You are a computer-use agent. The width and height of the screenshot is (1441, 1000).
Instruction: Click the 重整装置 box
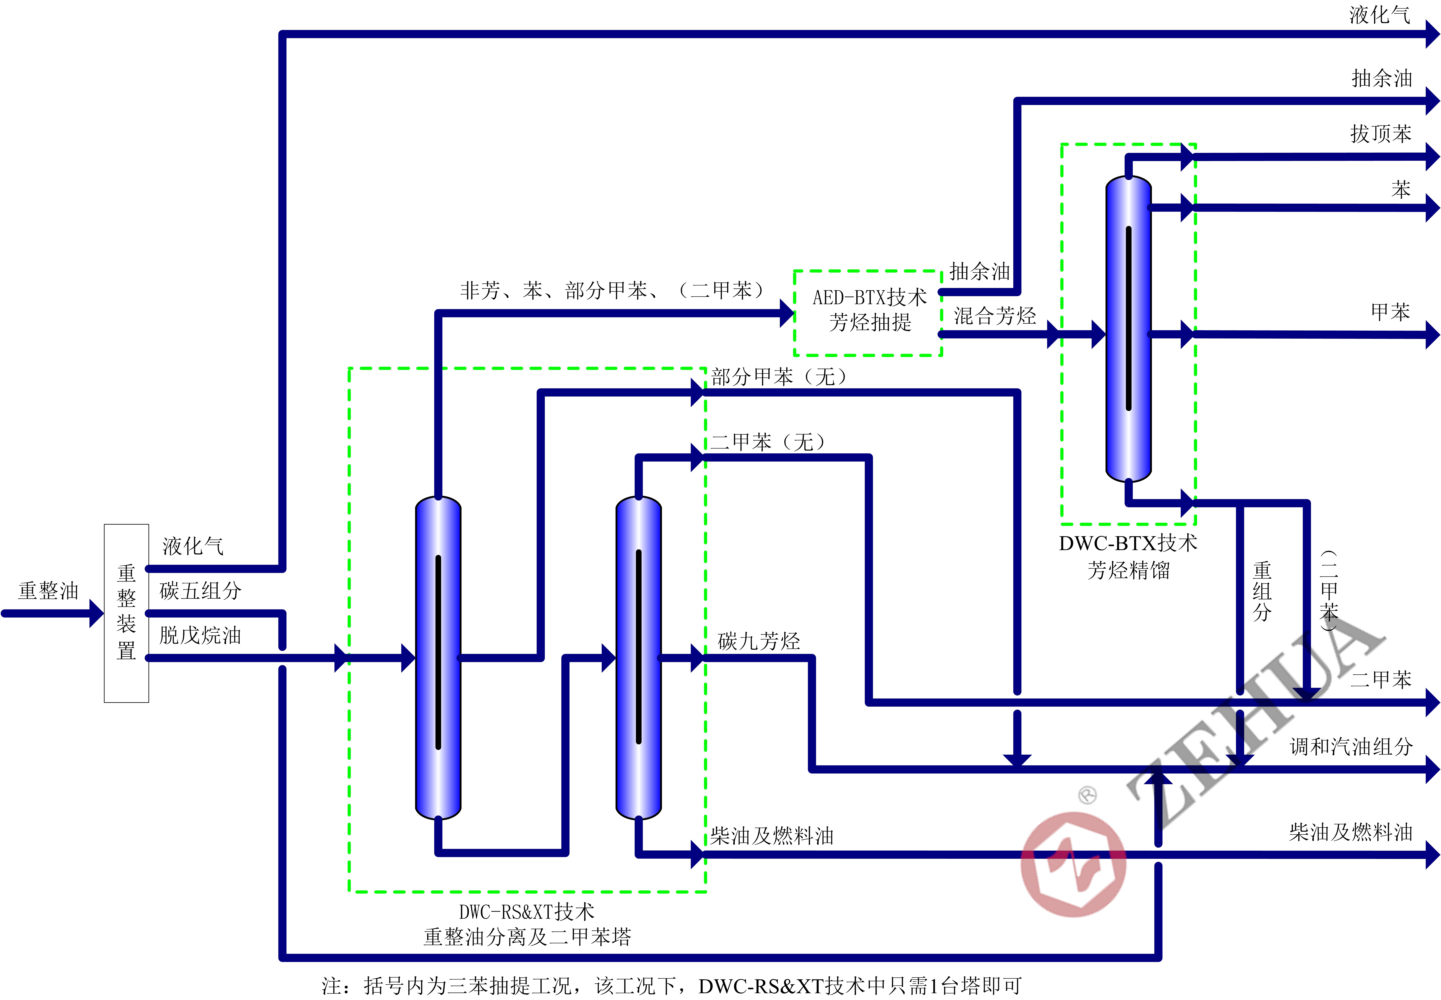click(x=127, y=613)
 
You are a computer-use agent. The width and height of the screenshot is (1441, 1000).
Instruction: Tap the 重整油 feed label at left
click(x=48, y=590)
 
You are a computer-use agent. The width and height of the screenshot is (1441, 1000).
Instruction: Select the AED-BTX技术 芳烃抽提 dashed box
click(x=868, y=313)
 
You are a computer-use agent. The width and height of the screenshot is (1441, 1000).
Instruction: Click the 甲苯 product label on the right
click(x=1390, y=311)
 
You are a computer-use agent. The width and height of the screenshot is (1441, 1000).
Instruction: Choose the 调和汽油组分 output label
click(x=1351, y=746)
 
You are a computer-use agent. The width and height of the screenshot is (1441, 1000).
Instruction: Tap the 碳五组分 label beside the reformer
click(x=200, y=590)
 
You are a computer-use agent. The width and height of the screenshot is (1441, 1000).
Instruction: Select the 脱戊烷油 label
click(x=200, y=635)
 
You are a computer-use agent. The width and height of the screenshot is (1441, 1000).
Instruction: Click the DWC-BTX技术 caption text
click(x=1128, y=543)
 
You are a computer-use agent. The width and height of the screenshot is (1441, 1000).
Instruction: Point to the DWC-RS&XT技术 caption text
click(x=527, y=912)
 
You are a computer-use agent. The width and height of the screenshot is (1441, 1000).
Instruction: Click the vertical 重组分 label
click(x=1262, y=591)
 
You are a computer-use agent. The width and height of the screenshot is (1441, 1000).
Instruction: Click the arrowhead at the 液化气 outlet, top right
click(x=1432, y=34)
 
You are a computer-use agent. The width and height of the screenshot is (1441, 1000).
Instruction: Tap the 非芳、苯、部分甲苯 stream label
click(x=612, y=290)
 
